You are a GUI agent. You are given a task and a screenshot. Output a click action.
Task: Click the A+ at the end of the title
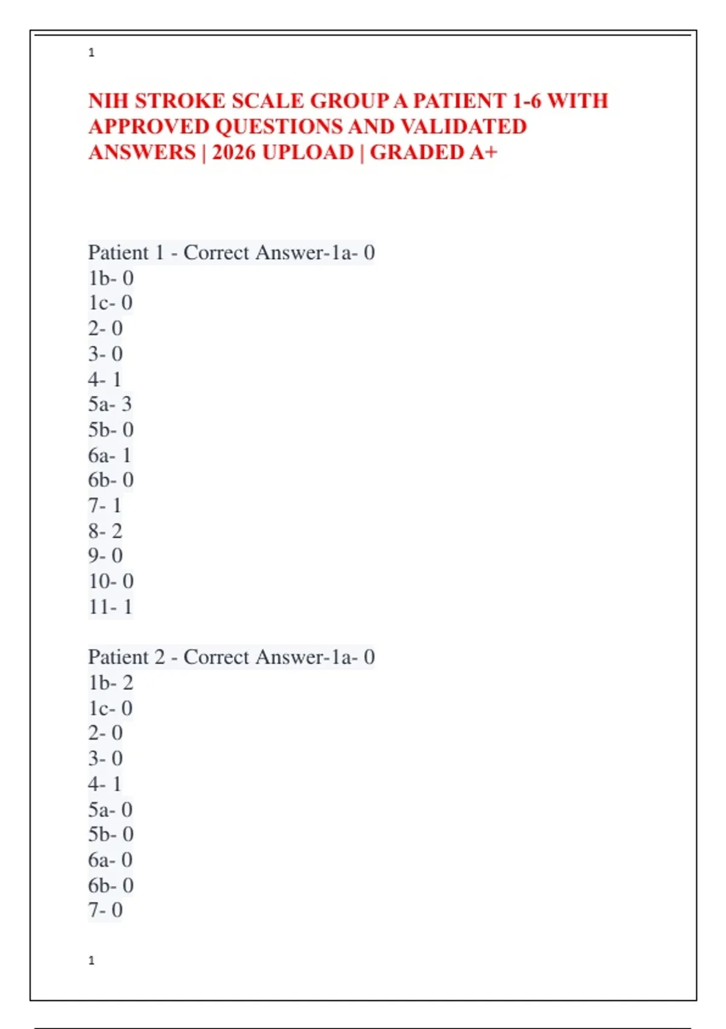[x=483, y=152]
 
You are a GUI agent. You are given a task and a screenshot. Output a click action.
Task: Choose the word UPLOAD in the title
[x=308, y=152]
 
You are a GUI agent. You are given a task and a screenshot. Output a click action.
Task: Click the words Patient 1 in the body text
[x=126, y=252]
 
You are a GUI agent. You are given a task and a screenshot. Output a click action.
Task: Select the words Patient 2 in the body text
[x=126, y=657]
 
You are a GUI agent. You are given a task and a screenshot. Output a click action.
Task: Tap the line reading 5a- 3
[x=110, y=404]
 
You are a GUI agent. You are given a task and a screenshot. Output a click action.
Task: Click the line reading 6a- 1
[x=110, y=455]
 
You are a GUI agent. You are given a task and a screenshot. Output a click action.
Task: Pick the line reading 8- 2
[x=105, y=531]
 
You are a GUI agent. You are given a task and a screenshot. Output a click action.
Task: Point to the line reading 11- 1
[x=110, y=607]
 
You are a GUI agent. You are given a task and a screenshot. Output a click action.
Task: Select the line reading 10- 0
[x=111, y=581]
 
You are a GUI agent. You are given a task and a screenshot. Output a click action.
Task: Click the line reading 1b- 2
[x=111, y=682]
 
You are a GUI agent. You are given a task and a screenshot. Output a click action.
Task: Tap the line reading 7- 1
[x=105, y=505]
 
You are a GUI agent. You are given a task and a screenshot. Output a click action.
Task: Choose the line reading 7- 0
[x=105, y=910]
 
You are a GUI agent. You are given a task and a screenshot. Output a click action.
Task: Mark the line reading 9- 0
[x=105, y=556]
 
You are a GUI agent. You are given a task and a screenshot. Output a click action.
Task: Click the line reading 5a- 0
[x=110, y=809]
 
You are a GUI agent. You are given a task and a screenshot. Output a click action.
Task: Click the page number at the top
[x=91, y=53]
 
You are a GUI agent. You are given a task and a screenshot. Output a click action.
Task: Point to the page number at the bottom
[x=91, y=961]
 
